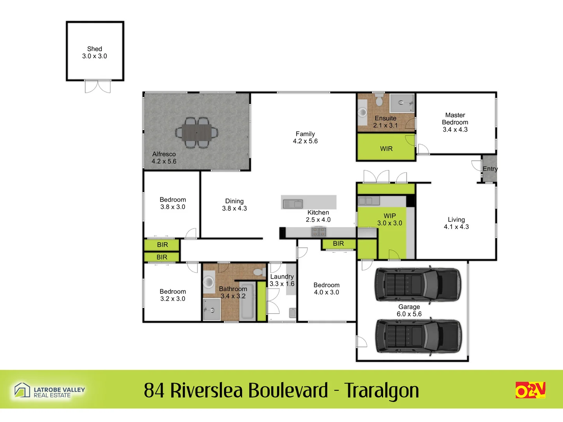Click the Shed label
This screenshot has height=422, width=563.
(x=95, y=49)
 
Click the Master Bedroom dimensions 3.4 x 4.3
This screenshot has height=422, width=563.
(x=455, y=130)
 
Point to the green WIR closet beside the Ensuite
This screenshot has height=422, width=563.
(x=386, y=148)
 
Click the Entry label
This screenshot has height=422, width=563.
(x=490, y=169)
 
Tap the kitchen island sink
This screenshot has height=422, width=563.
(x=293, y=204)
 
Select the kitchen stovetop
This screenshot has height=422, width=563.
(x=319, y=232)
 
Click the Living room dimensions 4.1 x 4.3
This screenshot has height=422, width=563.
(x=456, y=227)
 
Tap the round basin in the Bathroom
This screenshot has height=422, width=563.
(x=208, y=282)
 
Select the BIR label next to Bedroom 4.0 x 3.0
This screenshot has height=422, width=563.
(x=338, y=243)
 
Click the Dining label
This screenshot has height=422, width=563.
(x=234, y=201)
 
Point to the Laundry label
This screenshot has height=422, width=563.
(x=282, y=277)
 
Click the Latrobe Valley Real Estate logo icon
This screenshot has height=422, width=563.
(x=22, y=390)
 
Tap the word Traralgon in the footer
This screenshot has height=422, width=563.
(x=382, y=390)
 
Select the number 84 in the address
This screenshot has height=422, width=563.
(x=154, y=390)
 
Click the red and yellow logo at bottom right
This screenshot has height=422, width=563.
(x=530, y=390)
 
